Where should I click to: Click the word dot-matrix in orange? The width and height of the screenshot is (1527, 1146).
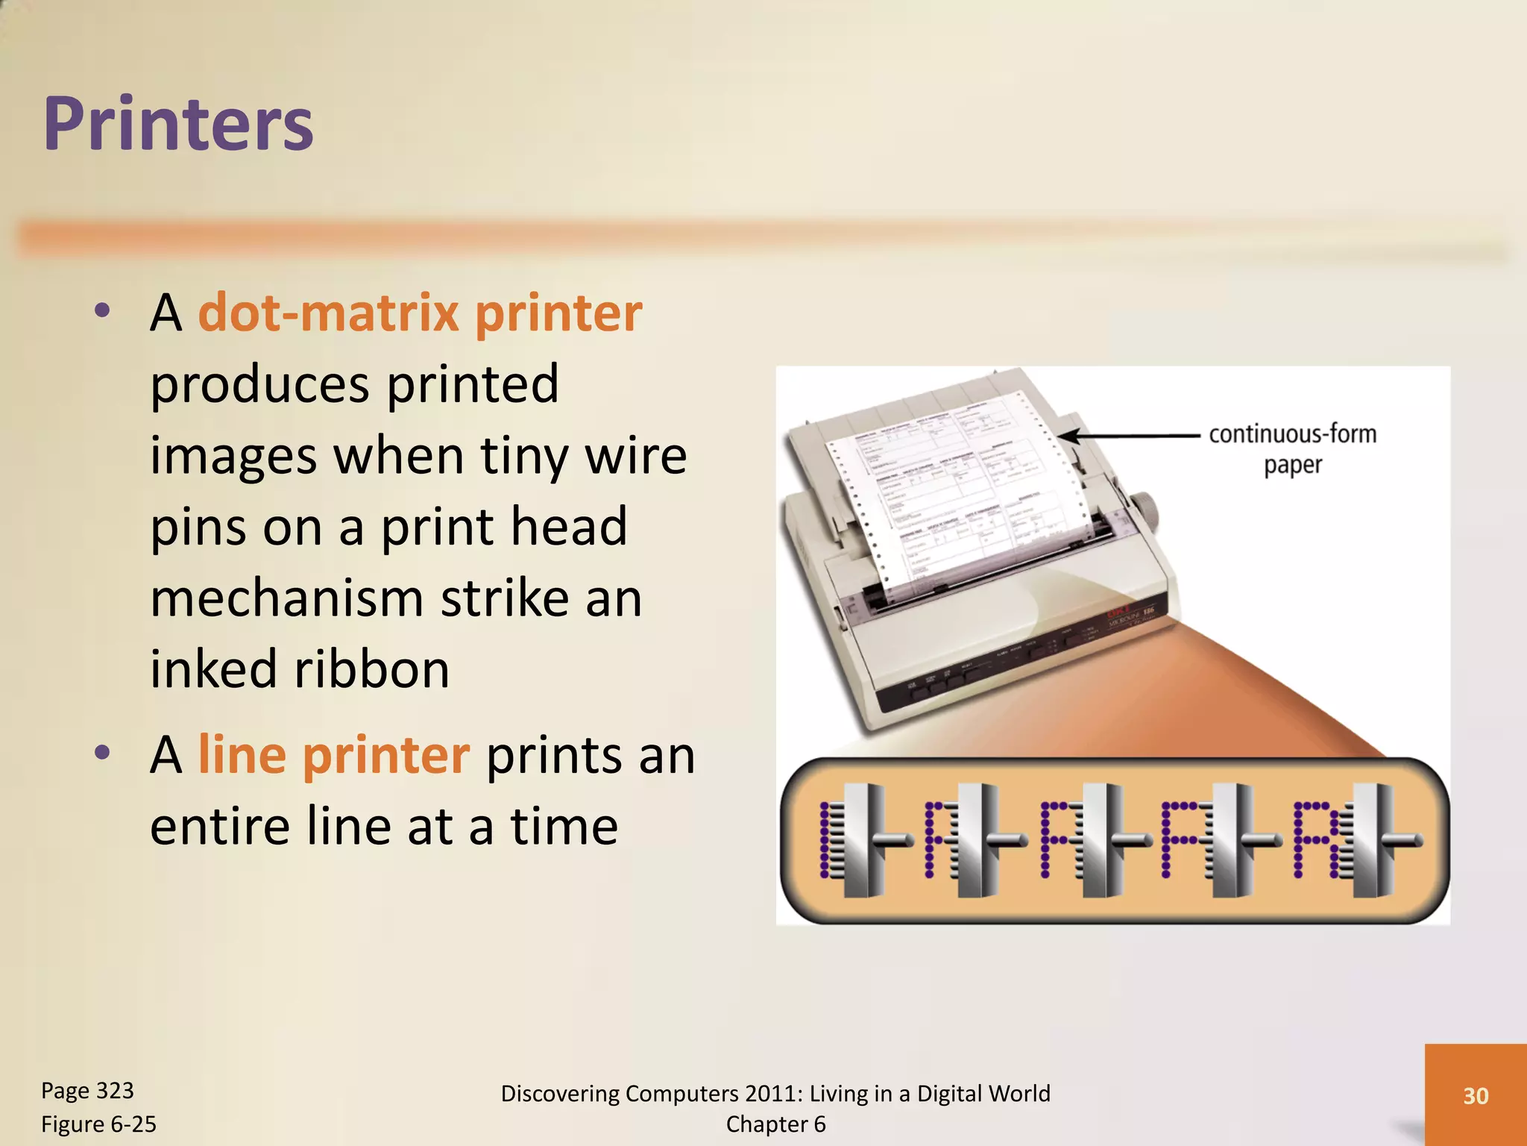[328, 313]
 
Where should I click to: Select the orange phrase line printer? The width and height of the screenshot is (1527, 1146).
[333, 755]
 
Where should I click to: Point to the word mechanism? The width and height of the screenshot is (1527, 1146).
[288, 598]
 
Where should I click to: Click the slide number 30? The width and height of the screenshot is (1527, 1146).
[1476, 1095]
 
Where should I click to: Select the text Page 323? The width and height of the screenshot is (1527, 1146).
[87, 1091]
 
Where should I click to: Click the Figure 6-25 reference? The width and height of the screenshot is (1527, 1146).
[98, 1124]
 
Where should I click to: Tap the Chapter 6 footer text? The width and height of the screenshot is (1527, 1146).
[775, 1124]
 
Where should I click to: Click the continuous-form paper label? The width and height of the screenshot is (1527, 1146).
[1292, 448]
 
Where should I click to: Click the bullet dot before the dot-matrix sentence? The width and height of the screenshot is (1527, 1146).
[102, 310]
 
